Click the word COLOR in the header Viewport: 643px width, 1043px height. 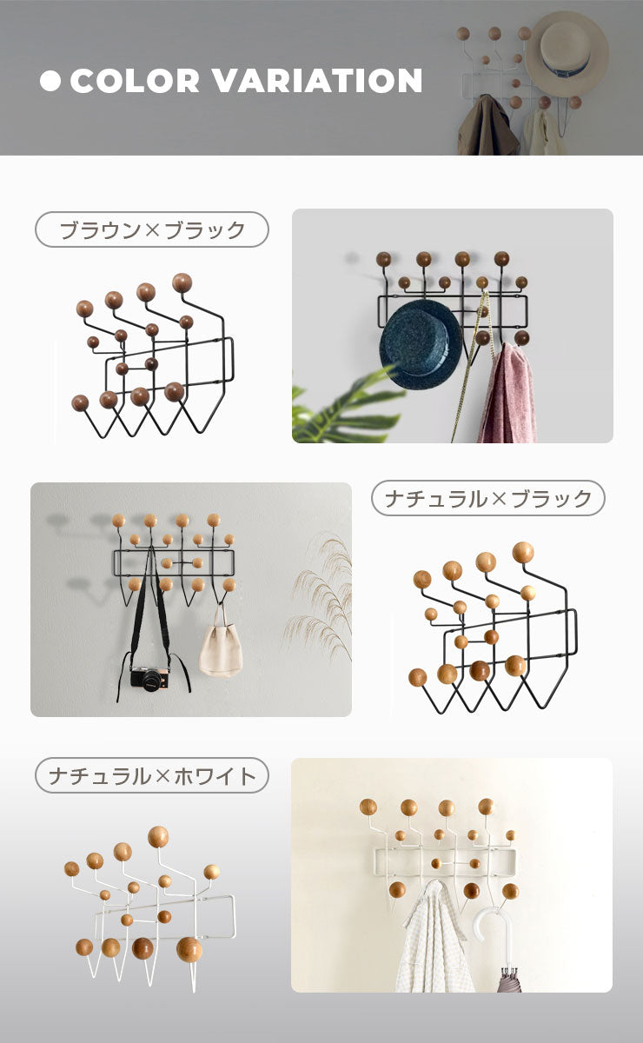(135, 81)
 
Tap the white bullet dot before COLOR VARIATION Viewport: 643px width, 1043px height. (51, 81)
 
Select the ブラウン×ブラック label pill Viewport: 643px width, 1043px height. (152, 230)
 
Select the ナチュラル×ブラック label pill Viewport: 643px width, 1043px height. (488, 498)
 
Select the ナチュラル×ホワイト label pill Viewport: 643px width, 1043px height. (152, 775)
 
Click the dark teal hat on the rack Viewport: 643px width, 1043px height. (421, 345)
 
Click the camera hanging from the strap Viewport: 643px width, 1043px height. (149, 678)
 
